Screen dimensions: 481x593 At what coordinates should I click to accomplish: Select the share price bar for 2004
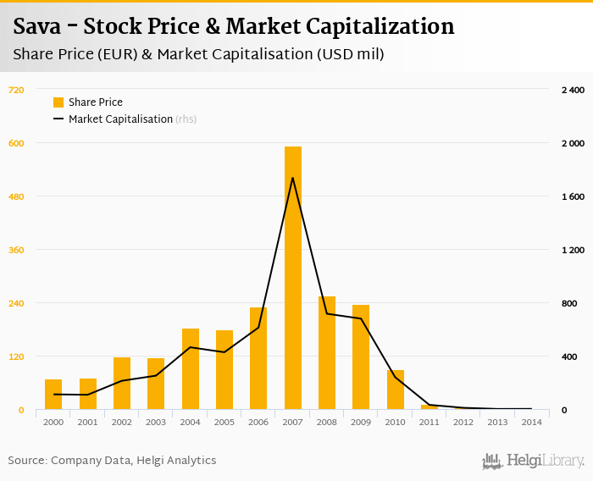click(x=191, y=368)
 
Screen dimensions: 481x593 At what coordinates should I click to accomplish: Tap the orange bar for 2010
click(x=396, y=390)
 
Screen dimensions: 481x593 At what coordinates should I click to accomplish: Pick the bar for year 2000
click(x=53, y=394)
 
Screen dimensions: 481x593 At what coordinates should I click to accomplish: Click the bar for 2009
click(x=361, y=357)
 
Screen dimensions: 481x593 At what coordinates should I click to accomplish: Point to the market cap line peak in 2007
click(x=293, y=178)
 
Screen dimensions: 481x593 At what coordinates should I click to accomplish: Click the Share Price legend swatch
click(x=58, y=102)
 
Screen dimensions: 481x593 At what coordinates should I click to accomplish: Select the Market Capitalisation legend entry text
click(x=120, y=119)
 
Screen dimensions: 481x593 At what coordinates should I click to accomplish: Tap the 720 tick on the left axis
click(x=17, y=90)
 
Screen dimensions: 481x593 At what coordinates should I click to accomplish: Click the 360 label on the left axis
click(x=17, y=250)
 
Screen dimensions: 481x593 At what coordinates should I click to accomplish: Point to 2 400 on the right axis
click(x=574, y=90)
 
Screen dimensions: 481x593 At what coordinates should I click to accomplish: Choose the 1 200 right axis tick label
click(x=574, y=250)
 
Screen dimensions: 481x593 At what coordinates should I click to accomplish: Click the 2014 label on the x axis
click(x=532, y=421)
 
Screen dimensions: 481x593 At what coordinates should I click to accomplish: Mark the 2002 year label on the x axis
click(x=122, y=421)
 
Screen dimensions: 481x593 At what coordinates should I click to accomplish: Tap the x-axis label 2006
click(x=258, y=421)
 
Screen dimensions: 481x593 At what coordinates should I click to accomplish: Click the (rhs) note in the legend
click(x=186, y=119)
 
